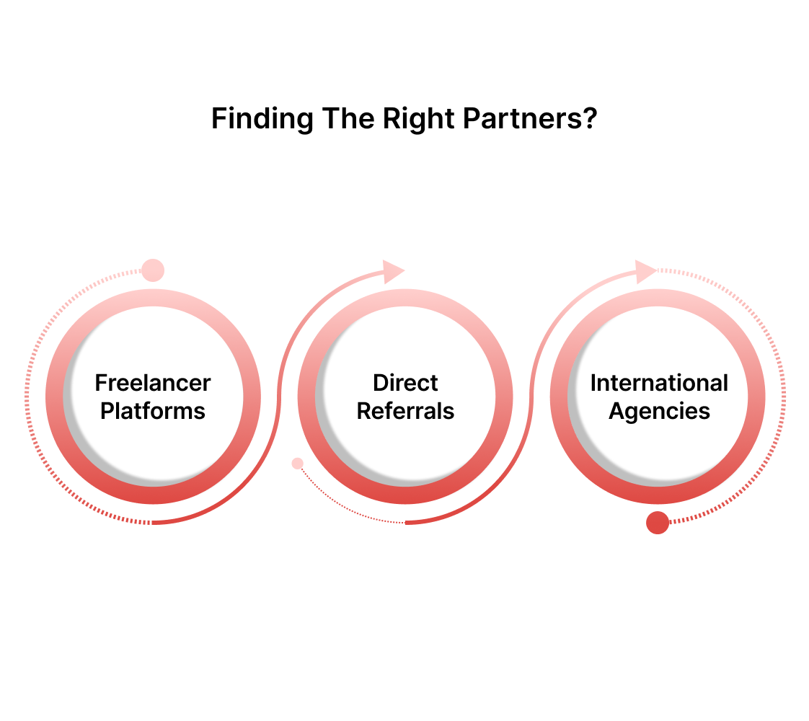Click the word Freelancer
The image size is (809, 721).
(153, 383)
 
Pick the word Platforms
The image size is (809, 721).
(153, 411)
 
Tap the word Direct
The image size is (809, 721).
(405, 383)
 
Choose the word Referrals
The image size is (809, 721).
(405, 411)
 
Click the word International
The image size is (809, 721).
(659, 383)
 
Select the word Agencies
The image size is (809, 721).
(659, 411)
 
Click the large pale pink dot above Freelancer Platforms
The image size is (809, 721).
(153, 270)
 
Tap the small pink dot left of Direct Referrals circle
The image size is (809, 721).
(297, 464)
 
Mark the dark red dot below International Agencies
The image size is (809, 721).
(658, 523)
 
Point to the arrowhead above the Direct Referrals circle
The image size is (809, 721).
(393, 271)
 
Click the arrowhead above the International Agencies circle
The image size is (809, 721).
(645, 271)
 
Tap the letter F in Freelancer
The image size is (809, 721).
(101, 383)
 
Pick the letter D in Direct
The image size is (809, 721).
(380, 383)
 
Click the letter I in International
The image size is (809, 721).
(593, 383)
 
